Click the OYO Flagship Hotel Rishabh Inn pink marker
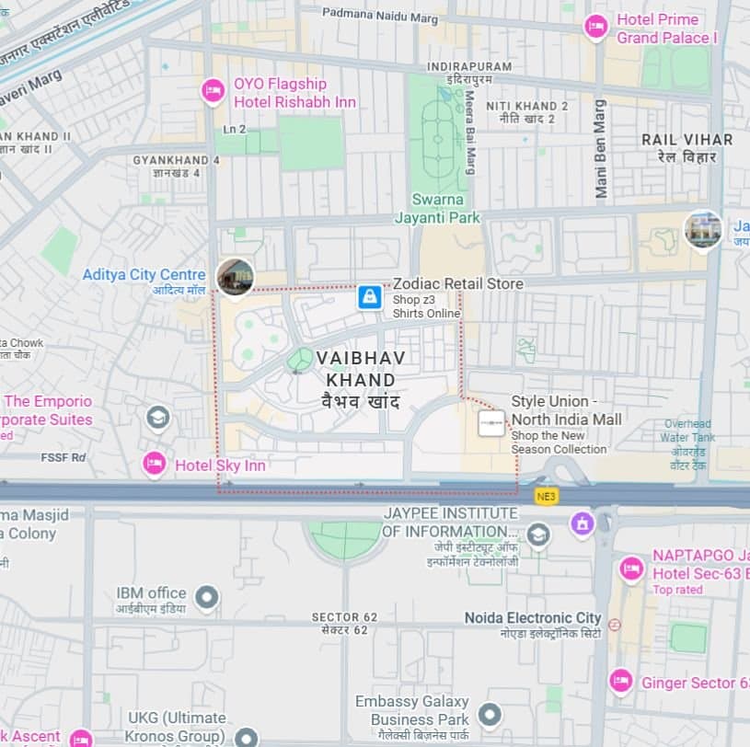point(213,91)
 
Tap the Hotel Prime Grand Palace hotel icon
point(596,27)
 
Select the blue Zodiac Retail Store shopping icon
point(370,297)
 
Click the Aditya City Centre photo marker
point(235,276)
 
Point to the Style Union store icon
point(491,423)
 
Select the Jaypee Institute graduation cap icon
point(537,534)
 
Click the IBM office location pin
point(207,599)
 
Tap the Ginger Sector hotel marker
point(621,682)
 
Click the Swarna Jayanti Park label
point(438,209)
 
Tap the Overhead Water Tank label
point(688,431)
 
